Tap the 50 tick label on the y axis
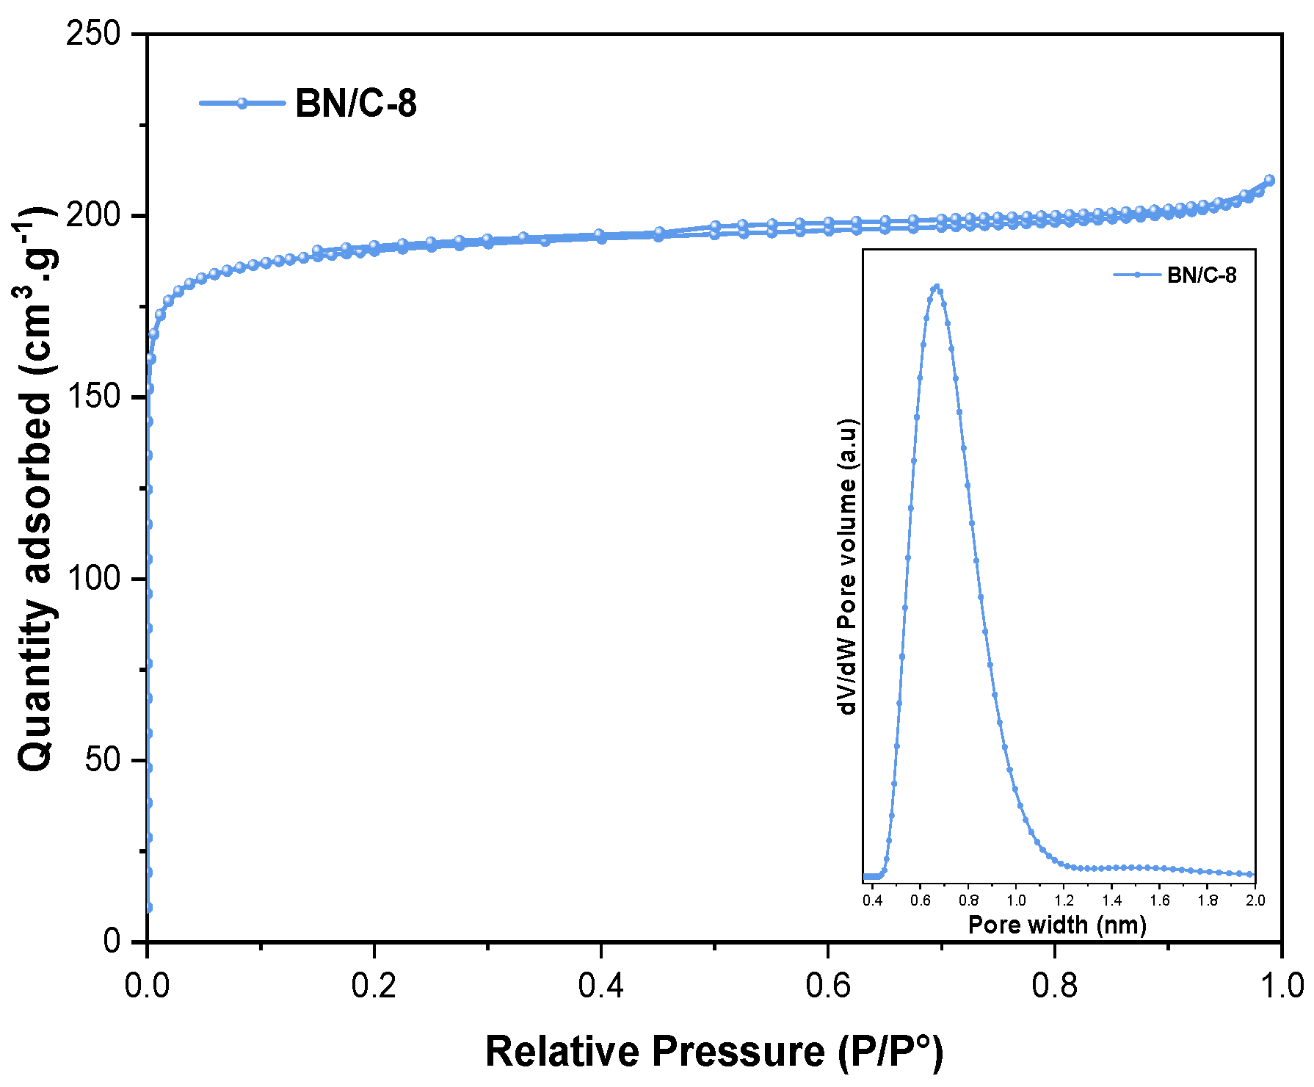point(102,759)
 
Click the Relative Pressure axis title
point(714,1052)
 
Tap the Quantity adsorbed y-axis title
point(35,488)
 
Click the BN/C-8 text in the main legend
point(355,103)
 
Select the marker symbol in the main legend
point(242,103)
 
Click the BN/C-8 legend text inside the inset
point(1202,275)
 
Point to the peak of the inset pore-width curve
point(936,287)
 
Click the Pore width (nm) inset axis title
point(1057,925)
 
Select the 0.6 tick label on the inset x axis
point(921,901)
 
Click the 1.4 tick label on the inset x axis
point(1111,901)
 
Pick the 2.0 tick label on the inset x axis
point(1255,901)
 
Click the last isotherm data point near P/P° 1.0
point(1269,180)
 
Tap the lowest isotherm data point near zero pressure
point(148,908)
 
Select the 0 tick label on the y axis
point(112,941)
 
